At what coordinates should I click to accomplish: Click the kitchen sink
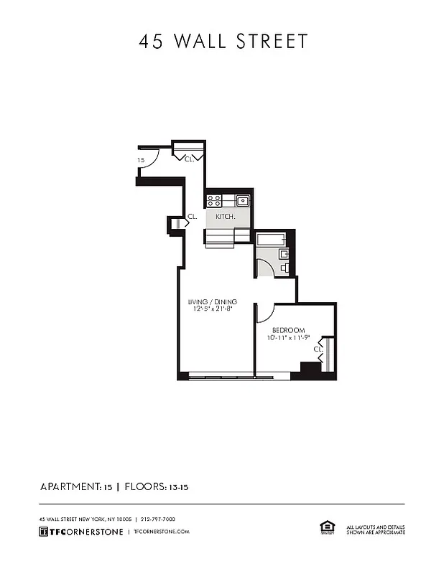coord(242,200)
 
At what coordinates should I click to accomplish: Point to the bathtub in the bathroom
coord(272,239)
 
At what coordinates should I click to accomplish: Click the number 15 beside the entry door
coord(141,160)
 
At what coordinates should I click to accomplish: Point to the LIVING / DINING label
coord(213,301)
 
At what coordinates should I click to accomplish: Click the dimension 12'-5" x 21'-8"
coord(213,309)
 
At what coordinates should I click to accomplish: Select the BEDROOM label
coord(287,330)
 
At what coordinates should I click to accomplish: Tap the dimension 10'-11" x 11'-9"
coord(287,338)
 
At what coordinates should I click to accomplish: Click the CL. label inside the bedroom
coord(318,349)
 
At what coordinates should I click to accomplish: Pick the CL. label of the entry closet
coord(190,159)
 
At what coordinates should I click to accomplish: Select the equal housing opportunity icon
coord(327,528)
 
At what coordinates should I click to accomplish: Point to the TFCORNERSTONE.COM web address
coord(162,532)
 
